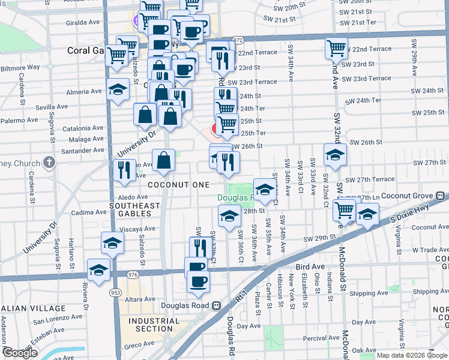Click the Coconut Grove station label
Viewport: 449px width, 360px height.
pyautogui.click(x=406, y=196)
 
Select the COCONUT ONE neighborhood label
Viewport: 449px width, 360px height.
pyautogui.click(x=179, y=185)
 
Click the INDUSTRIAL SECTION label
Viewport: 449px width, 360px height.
pyautogui.click(x=154, y=325)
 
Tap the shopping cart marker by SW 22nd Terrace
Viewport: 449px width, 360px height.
pyautogui.click(x=337, y=49)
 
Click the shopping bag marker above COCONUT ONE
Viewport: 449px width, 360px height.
pyautogui.click(x=163, y=160)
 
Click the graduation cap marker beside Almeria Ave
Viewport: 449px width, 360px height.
pyautogui.click(x=118, y=89)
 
